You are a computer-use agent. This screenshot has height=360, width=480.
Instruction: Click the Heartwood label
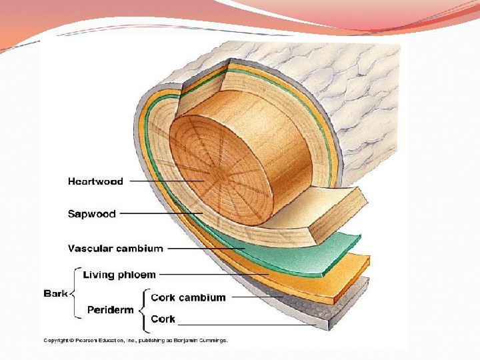coord(95,181)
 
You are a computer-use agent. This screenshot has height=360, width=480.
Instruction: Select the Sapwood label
coord(91,214)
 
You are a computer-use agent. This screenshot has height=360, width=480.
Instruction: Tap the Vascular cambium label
coord(115,249)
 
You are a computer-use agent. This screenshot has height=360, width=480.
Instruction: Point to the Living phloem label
coord(119,275)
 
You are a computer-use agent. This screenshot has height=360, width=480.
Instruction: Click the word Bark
coord(55,293)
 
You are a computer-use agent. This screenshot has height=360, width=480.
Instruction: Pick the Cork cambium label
coord(189,297)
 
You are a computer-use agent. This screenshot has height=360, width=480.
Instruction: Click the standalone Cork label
coord(163,319)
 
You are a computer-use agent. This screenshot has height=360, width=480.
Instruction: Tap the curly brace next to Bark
coord(73,293)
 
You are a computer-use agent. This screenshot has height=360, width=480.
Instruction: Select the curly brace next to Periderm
coord(143,309)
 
